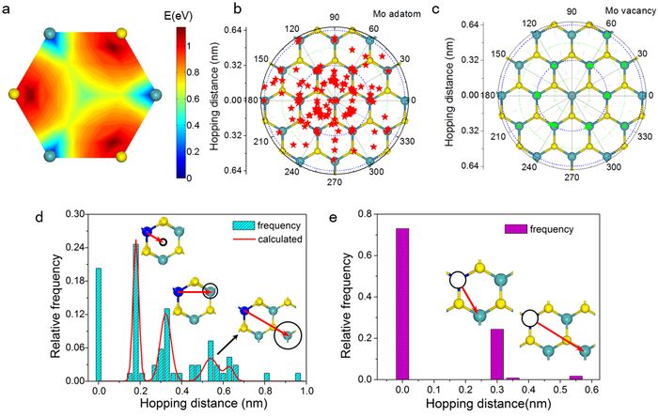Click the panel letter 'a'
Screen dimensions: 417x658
pos(10,8)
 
